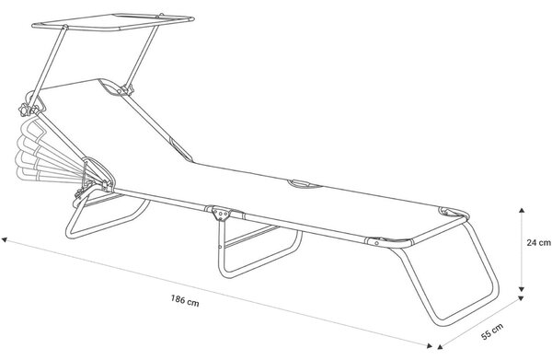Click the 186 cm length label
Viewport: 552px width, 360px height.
[x=185, y=301]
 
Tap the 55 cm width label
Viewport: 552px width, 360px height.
[x=492, y=331]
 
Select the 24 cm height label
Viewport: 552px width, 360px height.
[x=538, y=242]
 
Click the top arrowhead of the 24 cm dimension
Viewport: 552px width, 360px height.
[x=522, y=211]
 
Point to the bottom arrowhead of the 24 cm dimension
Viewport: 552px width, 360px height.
[x=522, y=289]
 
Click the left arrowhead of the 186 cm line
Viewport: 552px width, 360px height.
[x=5, y=240]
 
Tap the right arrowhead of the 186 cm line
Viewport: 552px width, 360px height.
[x=429, y=345]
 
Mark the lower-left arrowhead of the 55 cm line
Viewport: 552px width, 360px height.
[x=440, y=346]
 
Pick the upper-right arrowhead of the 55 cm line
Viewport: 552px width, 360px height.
[x=521, y=299]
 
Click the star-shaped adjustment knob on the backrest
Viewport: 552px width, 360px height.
[x=26, y=110]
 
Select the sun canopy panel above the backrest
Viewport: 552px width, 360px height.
[x=112, y=22]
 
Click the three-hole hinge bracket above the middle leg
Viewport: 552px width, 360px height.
[x=221, y=213]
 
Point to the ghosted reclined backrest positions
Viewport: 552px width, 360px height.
[x=42, y=152]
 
